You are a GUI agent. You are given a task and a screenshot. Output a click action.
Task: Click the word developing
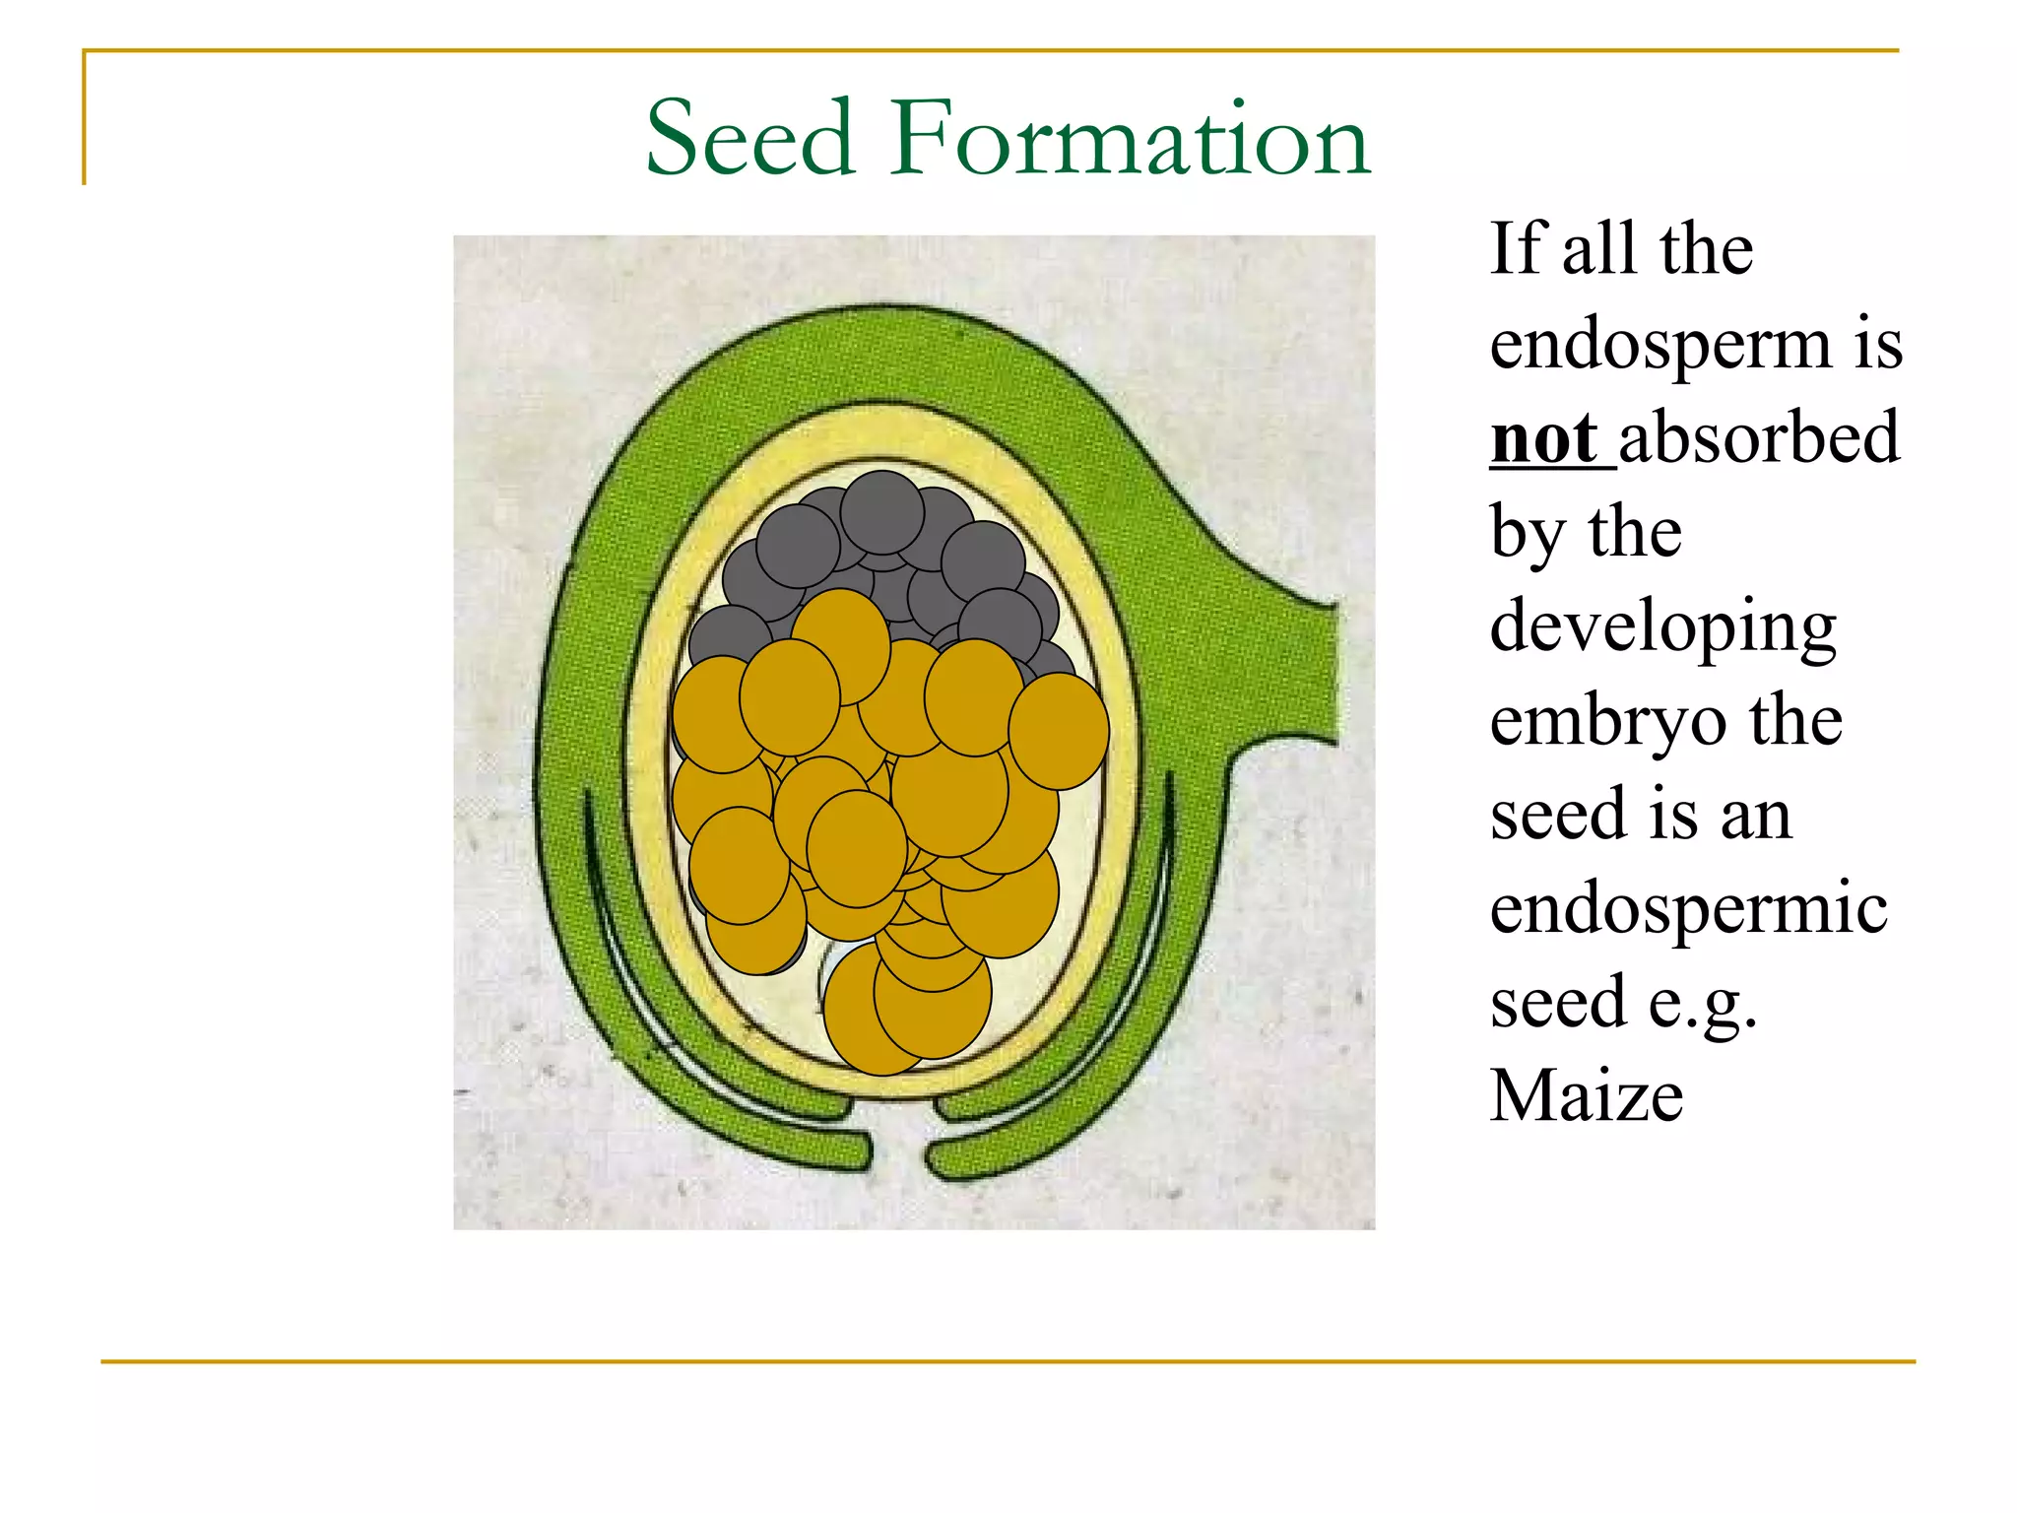point(1662,628)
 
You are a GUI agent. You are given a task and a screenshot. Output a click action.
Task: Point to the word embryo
point(1607,721)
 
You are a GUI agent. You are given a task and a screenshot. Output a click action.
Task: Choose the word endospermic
point(1688,908)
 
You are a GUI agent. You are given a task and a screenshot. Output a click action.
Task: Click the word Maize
point(1586,1095)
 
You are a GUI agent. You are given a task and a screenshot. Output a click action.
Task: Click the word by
point(1527,534)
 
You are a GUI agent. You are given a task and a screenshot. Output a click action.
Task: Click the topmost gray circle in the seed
point(881,512)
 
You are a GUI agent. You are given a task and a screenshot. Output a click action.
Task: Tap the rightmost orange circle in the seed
point(1059,731)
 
